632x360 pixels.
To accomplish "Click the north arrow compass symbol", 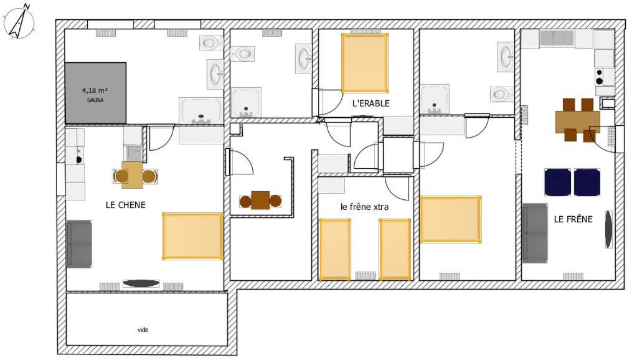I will [x=19, y=22].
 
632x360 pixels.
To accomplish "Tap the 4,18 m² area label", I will [x=95, y=90].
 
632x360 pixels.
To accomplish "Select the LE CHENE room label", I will [x=125, y=204].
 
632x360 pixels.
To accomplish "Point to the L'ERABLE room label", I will [x=370, y=103].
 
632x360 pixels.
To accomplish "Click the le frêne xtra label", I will [x=364, y=207].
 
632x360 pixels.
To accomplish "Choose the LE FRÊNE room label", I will [x=573, y=219].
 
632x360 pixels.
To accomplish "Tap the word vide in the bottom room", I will [x=143, y=329].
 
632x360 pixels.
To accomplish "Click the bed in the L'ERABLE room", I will [x=365, y=63].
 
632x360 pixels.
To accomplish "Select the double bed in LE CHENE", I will [x=193, y=236].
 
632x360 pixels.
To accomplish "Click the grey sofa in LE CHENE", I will [x=79, y=244].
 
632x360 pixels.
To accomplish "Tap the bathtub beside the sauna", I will [x=200, y=110].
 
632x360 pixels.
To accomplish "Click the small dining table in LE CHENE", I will [x=133, y=176].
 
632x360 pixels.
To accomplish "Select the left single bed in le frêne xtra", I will [x=334, y=249].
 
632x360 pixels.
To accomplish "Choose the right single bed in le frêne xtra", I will [x=395, y=249].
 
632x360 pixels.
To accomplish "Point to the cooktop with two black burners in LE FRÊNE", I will [x=603, y=77].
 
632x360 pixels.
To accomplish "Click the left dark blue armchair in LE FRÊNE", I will [x=557, y=182].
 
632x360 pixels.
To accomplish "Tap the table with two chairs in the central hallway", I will [x=260, y=201].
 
